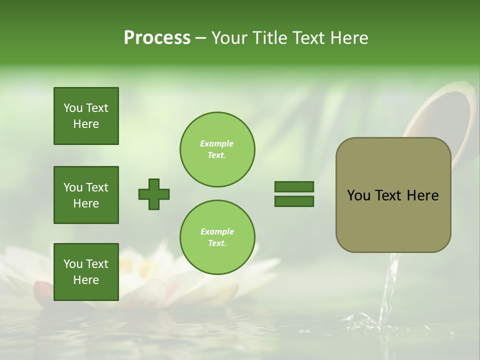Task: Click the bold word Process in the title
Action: click(157, 38)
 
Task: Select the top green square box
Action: click(86, 116)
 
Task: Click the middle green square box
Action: click(86, 195)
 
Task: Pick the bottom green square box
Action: click(86, 272)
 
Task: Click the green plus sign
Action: click(154, 194)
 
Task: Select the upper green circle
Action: click(217, 149)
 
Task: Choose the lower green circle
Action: click(217, 237)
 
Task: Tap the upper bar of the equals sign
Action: click(294, 187)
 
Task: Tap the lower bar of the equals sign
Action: click(294, 201)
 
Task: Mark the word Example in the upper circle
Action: click(217, 143)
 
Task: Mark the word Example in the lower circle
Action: click(217, 231)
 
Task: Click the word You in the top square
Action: click(73, 108)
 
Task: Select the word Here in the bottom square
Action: click(86, 280)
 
